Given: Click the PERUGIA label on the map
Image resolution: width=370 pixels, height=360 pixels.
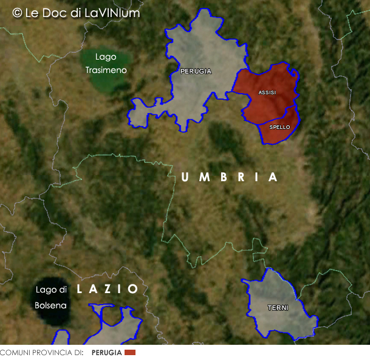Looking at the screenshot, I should [x=196, y=71].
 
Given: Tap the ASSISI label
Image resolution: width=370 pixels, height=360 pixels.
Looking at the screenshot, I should [x=267, y=92].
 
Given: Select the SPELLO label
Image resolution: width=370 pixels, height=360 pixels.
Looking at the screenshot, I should [x=279, y=127].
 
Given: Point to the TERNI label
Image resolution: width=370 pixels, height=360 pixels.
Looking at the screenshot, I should [x=278, y=308].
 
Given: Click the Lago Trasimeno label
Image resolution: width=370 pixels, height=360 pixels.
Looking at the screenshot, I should [x=106, y=63].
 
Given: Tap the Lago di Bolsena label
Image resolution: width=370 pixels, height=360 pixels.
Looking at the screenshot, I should [x=50, y=297].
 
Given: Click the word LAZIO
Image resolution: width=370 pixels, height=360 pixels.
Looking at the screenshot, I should [x=108, y=289].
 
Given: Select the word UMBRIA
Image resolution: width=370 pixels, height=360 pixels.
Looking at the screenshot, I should [x=230, y=177].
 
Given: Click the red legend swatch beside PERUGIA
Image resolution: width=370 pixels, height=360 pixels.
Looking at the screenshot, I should [x=129, y=353].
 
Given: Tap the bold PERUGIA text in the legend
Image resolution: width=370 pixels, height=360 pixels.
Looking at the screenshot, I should [x=106, y=353].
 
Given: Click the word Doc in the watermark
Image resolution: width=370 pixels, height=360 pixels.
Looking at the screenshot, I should [x=59, y=12].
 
